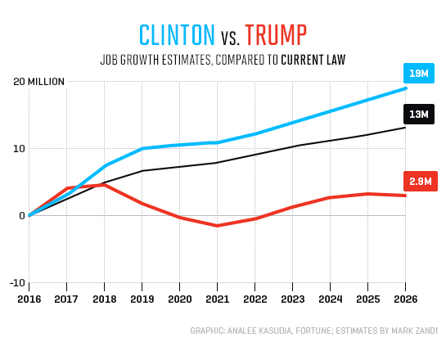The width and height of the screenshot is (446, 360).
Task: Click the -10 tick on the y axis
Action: tap(16, 282)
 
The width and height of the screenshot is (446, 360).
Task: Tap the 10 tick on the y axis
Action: tap(18, 148)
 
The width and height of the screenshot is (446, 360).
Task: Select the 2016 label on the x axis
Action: tap(29, 298)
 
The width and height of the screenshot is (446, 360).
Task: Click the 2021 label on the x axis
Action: tap(217, 298)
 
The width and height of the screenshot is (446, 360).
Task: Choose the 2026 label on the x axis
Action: tap(405, 298)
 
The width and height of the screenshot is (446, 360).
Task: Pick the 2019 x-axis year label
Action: tap(142, 298)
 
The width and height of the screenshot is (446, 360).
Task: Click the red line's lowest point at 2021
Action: tap(217, 225)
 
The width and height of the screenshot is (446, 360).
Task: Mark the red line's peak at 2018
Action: tap(104, 185)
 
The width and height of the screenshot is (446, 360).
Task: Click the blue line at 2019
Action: tap(142, 149)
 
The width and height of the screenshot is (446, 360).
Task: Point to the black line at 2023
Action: tap(292, 146)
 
